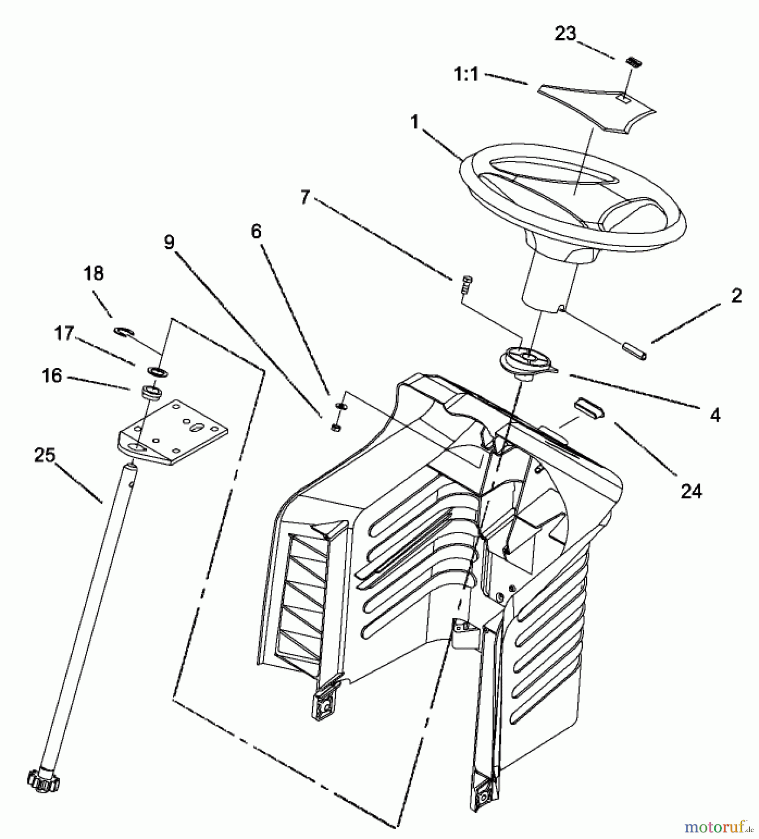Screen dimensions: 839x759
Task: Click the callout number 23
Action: (565, 34)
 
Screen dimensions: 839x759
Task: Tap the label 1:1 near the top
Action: (466, 74)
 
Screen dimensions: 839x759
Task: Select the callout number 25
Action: (45, 455)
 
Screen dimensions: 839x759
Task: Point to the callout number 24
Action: (691, 490)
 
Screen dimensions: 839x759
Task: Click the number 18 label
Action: (94, 274)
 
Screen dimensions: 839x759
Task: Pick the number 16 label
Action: (52, 375)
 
